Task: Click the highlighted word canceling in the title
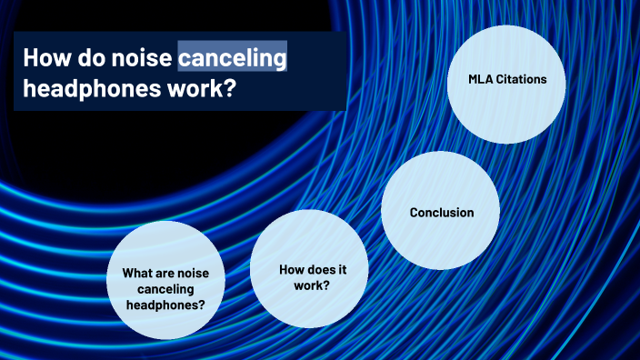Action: pos(233,59)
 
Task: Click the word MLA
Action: pos(480,79)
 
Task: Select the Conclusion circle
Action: pos(441,212)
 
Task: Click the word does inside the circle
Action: pos(317,270)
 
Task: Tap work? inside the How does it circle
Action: pos(310,285)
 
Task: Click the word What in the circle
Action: pos(136,272)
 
